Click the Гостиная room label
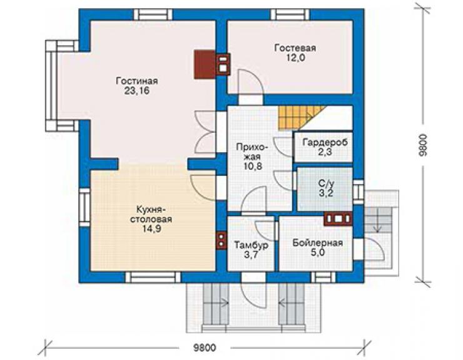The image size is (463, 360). (137, 81)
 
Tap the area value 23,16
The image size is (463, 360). (137, 91)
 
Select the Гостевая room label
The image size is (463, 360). (295, 48)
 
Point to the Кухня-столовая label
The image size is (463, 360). (151, 214)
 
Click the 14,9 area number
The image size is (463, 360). (152, 229)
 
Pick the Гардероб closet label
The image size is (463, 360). (325, 142)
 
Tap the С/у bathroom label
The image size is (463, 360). (326, 183)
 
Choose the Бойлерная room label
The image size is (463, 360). (318, 243)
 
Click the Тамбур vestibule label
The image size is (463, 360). (252, 245)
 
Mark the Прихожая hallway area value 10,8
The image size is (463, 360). (253, 167)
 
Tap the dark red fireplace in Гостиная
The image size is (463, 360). (205, 64)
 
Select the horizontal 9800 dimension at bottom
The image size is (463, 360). (205, 347)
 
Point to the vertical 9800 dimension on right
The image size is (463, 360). (423, 145)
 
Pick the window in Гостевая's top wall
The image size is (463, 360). (290, 14)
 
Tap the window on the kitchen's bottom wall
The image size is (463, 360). (153, 277)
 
